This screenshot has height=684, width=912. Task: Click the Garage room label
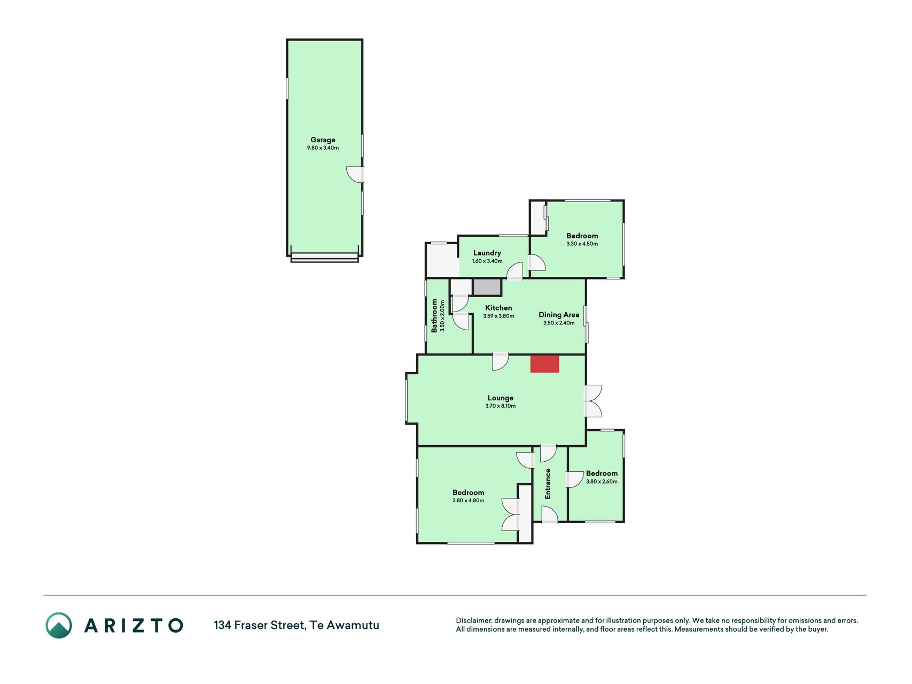[x=323, y=140]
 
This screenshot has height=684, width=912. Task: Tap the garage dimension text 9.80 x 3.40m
[x=323, y=148]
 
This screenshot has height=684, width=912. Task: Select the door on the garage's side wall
[x=356, y=175]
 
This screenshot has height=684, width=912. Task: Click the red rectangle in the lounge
[x=544, y=364]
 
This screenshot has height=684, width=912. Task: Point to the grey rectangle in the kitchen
[x=487, y=287]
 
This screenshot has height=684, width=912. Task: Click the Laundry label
[x=487, y=253]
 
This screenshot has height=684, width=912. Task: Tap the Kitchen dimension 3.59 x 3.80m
[x=498, y=316]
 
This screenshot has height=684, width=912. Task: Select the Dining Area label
[x=559, y=315]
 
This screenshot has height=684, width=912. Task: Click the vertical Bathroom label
[x=434, y=315]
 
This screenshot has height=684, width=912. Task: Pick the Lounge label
[x=501, y=398]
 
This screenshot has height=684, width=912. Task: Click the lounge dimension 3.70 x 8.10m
[x=501, y=406]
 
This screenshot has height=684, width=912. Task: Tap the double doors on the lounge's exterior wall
[x=593, y=401]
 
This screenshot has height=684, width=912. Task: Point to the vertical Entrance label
[x=548, y=484]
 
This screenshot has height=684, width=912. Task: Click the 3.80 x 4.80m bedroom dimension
[x=468, y=501]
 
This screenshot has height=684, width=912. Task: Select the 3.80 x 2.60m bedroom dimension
[x=602, y=481]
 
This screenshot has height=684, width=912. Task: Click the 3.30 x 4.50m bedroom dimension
[x=582, y=244]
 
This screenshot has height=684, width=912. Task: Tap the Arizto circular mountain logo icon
[x=59, y=625]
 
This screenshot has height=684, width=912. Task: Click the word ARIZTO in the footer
[x=134, y=625]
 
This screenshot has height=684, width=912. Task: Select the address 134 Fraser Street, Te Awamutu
[x=297, y=625]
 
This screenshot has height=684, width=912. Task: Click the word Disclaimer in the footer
[x=473, y=620]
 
